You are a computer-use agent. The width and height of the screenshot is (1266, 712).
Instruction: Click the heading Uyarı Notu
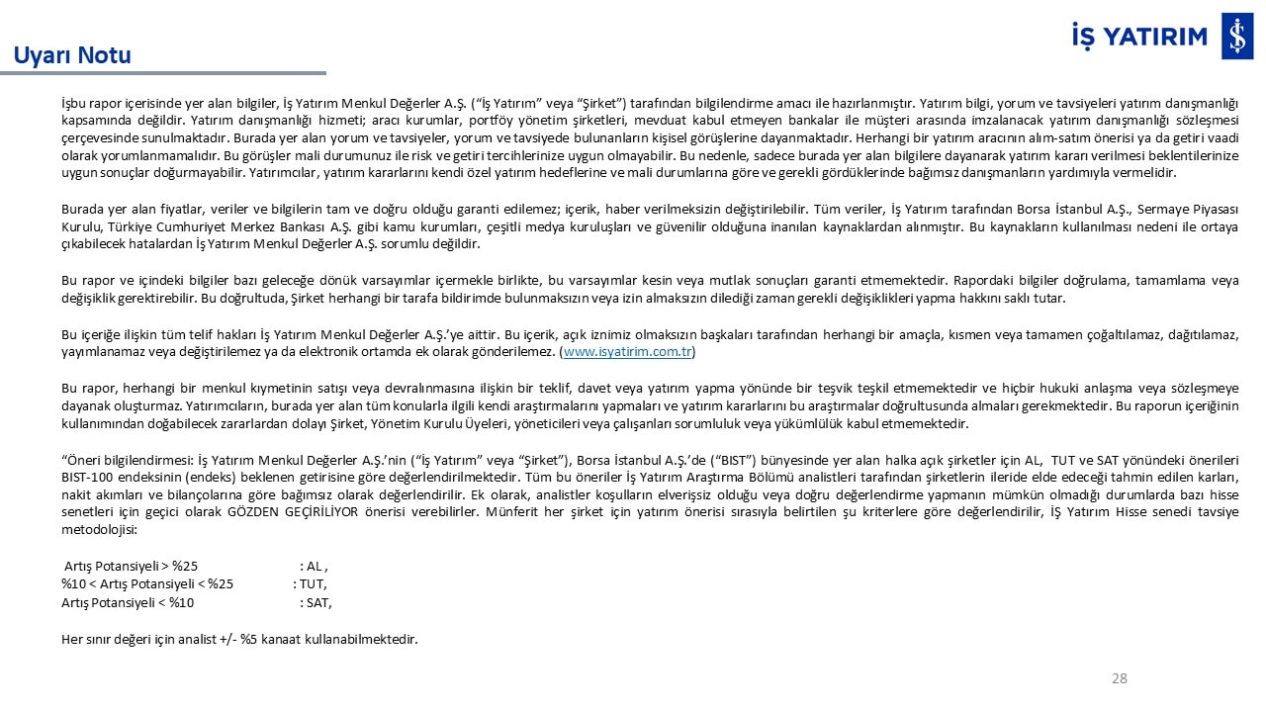[x=72, y=54]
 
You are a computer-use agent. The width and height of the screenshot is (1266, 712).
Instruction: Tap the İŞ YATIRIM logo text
[x=1139, y=37]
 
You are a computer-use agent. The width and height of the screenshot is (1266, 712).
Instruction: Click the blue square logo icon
[x=1237, y=38]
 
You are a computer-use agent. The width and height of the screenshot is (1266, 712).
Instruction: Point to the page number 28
[x=1120, y=678]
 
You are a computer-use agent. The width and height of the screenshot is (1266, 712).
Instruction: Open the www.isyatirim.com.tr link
[x=628, y=352]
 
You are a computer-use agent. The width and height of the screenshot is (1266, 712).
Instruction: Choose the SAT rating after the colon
[x=317, y=602]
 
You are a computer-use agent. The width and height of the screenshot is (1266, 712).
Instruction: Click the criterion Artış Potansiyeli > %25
[x=131, y=567]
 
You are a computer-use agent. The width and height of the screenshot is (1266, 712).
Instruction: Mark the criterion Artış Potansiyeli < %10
[x=128, y=602]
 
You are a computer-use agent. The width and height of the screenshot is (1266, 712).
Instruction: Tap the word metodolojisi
[x=99, y=530]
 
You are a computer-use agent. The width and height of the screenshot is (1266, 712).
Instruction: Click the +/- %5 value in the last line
[x=236, y=639]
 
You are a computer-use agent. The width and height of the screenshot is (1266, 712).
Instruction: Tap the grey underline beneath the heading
[x=163, y=73]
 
